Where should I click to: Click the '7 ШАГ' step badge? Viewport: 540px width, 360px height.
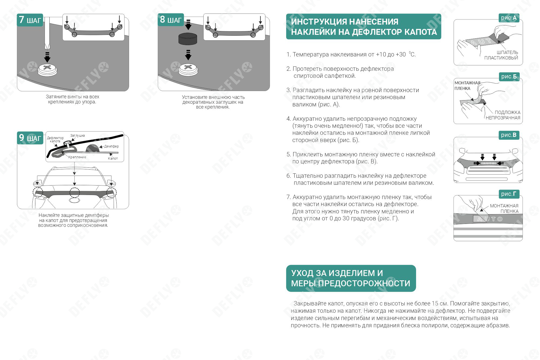point(30,20)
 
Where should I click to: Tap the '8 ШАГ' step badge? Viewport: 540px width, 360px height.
point(171,20)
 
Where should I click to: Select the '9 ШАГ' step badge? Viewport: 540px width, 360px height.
point(30,138)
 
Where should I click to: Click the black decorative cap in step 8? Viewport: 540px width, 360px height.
point(188,39)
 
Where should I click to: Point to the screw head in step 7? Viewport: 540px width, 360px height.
point(47,69)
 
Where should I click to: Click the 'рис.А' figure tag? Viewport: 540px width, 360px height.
point(509,18)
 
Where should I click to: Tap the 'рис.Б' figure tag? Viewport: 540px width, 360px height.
point(509,77)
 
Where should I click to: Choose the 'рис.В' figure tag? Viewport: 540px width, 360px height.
point(509,135)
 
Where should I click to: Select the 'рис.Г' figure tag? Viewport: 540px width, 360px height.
point(509,194)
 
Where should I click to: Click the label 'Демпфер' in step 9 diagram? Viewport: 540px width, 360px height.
point(111,146)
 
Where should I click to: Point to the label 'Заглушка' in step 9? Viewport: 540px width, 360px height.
point(77,136)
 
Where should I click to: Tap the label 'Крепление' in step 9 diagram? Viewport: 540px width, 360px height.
point(77,157)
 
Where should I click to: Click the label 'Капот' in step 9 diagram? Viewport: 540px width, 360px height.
point(113,159)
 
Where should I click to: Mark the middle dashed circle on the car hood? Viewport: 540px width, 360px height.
point(75,193)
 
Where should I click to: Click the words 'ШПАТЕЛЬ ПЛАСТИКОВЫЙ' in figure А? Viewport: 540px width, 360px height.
point(501,55)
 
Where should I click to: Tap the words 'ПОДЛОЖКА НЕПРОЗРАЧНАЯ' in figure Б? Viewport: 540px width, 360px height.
point(503,115)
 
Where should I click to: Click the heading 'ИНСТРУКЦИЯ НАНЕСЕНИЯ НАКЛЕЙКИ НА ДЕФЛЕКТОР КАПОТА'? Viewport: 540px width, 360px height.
point(363,27)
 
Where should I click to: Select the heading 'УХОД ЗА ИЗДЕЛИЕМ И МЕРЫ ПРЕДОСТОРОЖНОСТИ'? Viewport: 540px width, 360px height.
point(351,278)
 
